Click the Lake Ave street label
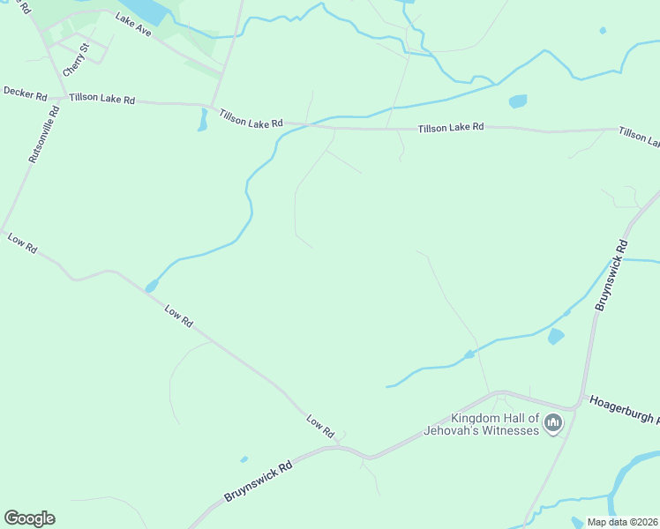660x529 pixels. [133, 29]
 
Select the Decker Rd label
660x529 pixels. [25, 92]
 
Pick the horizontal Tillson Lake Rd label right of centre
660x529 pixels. [451, 127]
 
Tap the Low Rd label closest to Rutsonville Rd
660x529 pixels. [22, 244]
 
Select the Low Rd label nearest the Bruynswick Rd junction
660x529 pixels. [320, 427]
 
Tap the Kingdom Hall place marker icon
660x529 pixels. [553, 424]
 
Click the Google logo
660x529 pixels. [29, 518]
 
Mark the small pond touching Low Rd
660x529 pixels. [151, 286]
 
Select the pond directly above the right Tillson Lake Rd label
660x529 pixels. [518, 101]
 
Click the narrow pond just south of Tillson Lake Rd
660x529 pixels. [202, 121]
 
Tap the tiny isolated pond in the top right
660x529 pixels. [603, 31]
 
